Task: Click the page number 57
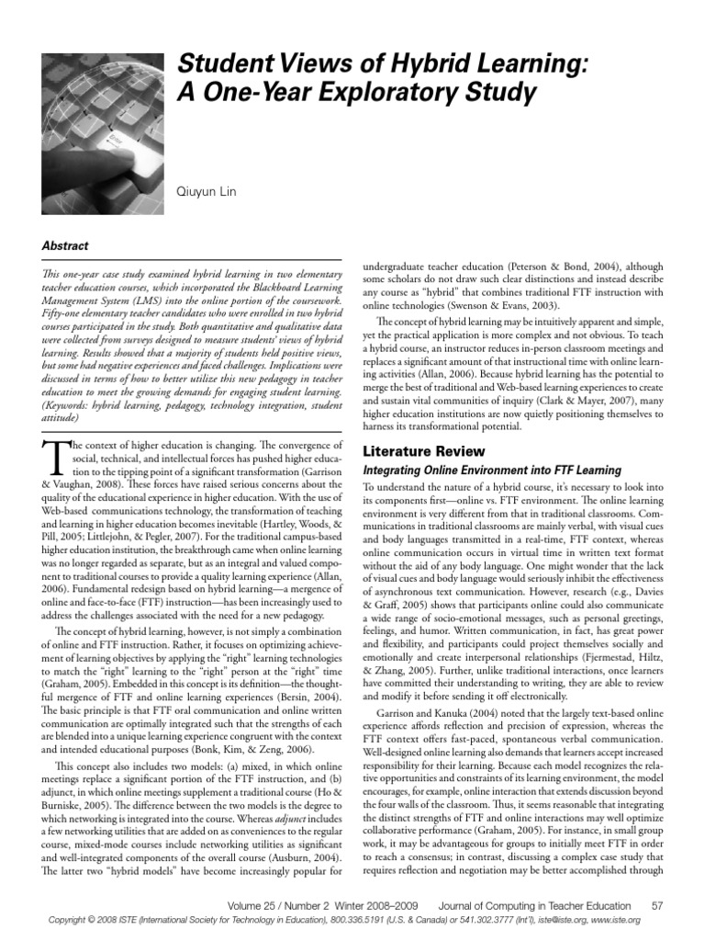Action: click(x=670, y=905)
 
